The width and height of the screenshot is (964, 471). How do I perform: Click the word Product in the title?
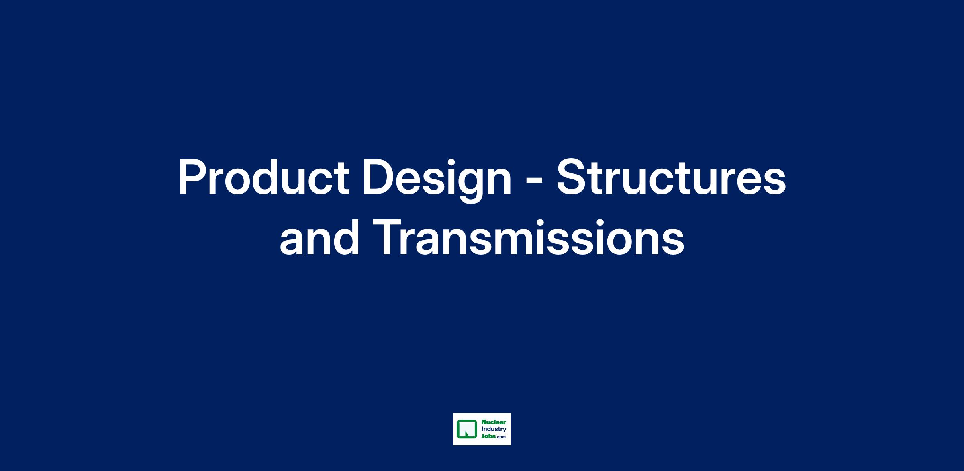click(263, 177)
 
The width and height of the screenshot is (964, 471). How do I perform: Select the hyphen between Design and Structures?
click(534, 181)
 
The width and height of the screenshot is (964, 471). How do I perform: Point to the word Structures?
click(671, 177)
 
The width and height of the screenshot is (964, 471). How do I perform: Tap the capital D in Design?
click(380, 177)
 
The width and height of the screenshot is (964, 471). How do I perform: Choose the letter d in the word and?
click(345, 237)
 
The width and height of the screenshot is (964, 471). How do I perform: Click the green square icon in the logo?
click(466, 429)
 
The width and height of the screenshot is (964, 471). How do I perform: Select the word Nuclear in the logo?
click(494, 422)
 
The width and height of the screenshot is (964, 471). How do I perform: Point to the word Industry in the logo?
click(494, 429)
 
